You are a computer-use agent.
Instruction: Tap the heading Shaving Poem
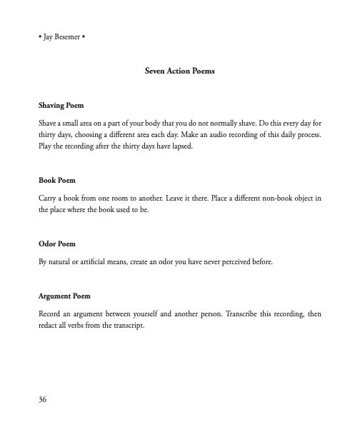(x=61, y=105)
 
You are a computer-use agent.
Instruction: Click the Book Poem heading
(x=56, y=181)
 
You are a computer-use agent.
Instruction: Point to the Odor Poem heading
(x=56, y=243)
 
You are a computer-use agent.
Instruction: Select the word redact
(x=49, y=324)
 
